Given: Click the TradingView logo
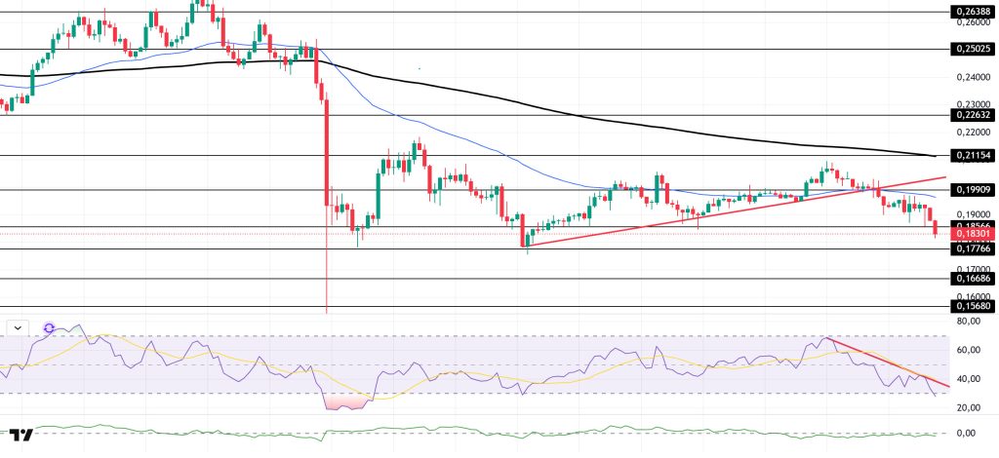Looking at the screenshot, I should tap(22, 436).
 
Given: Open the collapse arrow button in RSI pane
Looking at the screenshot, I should tap(17, 327).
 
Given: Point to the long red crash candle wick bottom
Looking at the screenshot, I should tap(326, 312).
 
